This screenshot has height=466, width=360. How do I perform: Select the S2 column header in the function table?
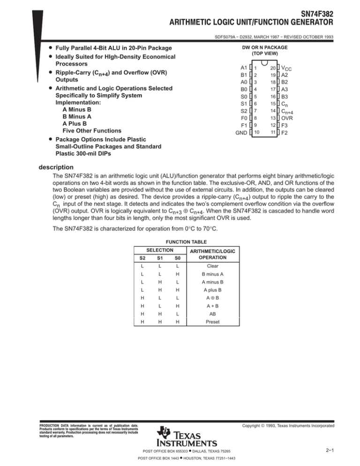point(135,257)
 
